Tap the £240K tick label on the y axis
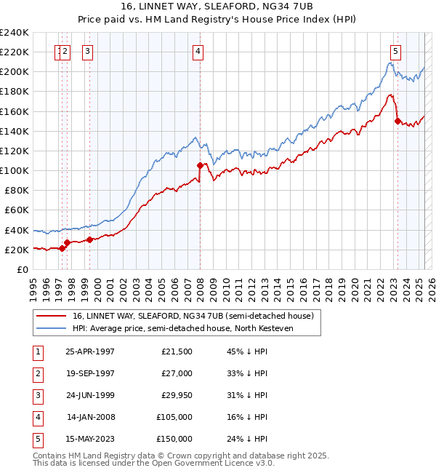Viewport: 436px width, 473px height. point(15,33)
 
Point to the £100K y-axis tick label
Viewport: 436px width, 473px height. point(15,170)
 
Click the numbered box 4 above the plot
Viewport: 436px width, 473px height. point(198,51)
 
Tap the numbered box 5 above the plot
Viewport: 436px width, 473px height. point(395,51)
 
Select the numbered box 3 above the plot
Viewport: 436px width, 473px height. point(87,51)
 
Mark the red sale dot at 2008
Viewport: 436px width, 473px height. point(200,166)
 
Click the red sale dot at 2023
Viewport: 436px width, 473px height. point(397,121)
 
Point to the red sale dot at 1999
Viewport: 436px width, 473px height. point(89,239)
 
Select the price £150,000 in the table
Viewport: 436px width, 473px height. point(175,439)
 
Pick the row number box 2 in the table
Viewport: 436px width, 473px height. point(36,373)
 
